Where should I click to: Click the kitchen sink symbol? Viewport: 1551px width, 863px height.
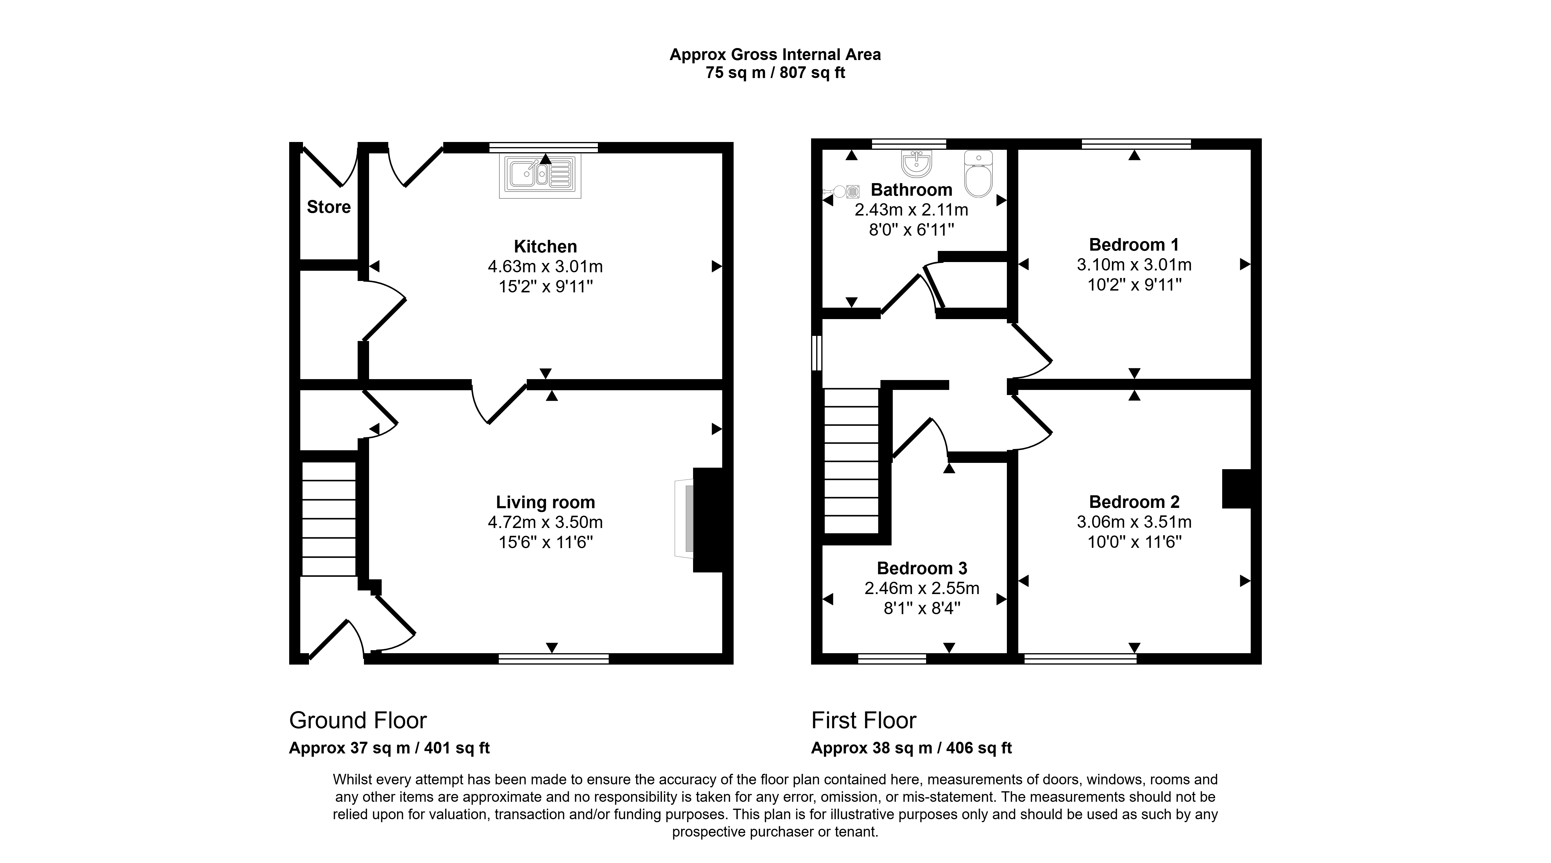pyautogui.click(x=540, y=176)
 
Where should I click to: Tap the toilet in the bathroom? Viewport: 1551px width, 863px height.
pyautogui.click(x=978, y=174)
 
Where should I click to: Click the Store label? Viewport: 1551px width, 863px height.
pyautogui.click(x=329, y=207)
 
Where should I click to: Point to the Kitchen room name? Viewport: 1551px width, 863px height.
pyautogui.click(x=546, y=246)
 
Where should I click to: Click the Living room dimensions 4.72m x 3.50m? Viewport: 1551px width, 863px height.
pyautogui.click(x=546, y=522)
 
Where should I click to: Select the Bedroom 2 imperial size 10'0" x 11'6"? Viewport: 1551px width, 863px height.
pyautogui.click(x=1134, y=542)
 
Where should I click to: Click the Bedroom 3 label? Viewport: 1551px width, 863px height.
pyautogui.click(x=922, y=568)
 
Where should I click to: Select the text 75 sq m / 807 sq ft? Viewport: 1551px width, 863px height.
pyautogui.click(x=775, y=73)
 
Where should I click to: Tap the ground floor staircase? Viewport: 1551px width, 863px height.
pyautogui.click(x=329, y=519)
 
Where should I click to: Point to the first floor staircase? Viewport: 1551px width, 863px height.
pyautogui.click(x=851, y=461)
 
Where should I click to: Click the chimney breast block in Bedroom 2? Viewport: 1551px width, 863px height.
pyautogui.click(x=1236, y=489)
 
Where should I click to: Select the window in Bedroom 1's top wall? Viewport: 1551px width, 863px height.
pyautogui.click(x=1136, y=144)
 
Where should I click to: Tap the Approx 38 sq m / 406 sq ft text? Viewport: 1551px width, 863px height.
pyautogui.click(x=911, y=748)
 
